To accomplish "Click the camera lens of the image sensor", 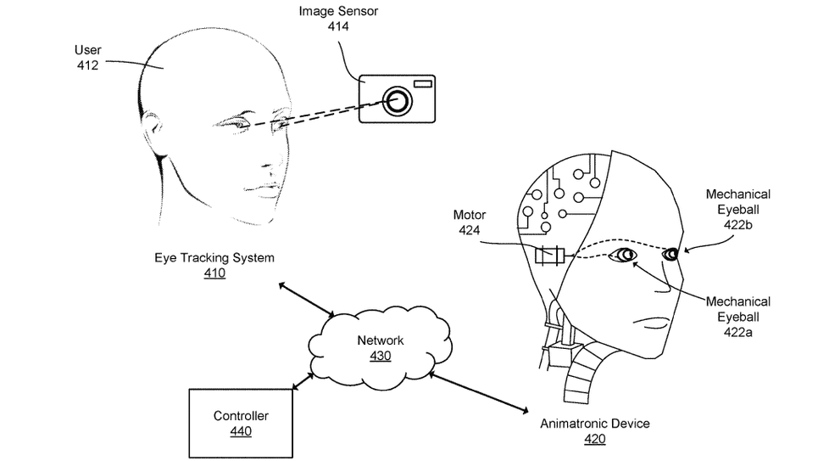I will point(397,101).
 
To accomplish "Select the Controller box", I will point(240,423).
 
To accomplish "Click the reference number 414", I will point(338,26).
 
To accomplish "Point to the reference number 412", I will point(88,65).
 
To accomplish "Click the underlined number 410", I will point(214,273).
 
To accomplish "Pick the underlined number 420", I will point(594,439).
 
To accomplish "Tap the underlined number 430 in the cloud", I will point(381,356).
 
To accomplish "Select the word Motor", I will point(469,216).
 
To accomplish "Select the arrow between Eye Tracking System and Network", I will point(306,299).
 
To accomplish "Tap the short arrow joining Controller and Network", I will point(302,379).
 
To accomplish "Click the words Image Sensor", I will point(338,11).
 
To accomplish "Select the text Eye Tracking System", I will point(214,257).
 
